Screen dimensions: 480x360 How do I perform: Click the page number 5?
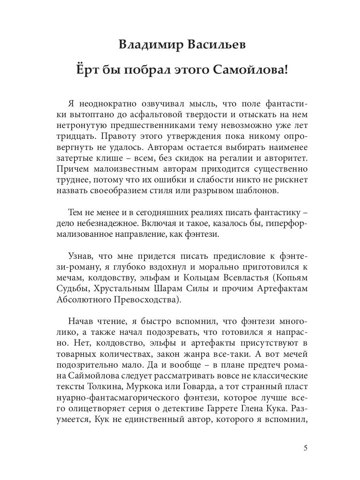[x=306, y=448]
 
